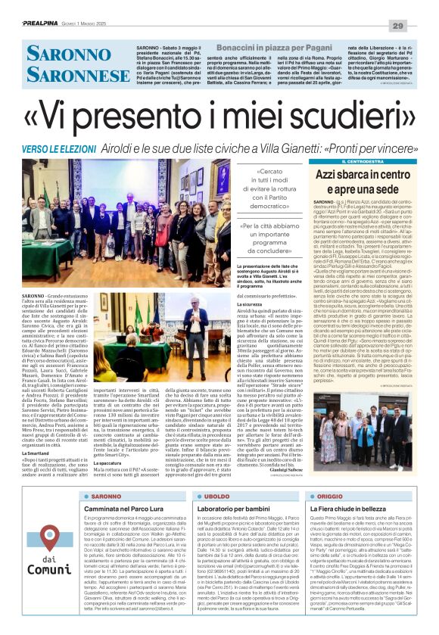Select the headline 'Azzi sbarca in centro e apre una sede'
coord(357,182)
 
